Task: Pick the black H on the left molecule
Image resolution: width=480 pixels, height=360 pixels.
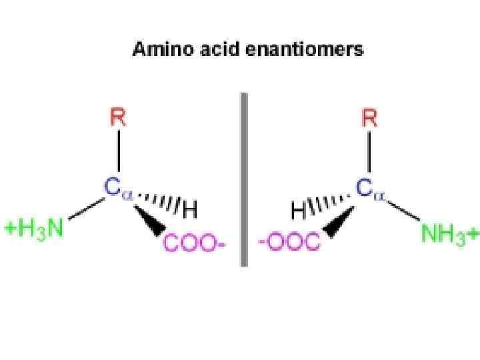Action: click(x=190, y=211)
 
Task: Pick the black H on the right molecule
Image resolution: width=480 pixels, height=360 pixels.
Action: click(x=299, y=211)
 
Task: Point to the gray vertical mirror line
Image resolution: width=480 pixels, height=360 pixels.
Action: click(x=243, y=180)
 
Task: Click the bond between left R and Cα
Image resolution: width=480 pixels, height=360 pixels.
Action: click(x=119, y=154)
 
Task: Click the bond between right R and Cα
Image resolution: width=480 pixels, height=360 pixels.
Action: click(x=369, y=154)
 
